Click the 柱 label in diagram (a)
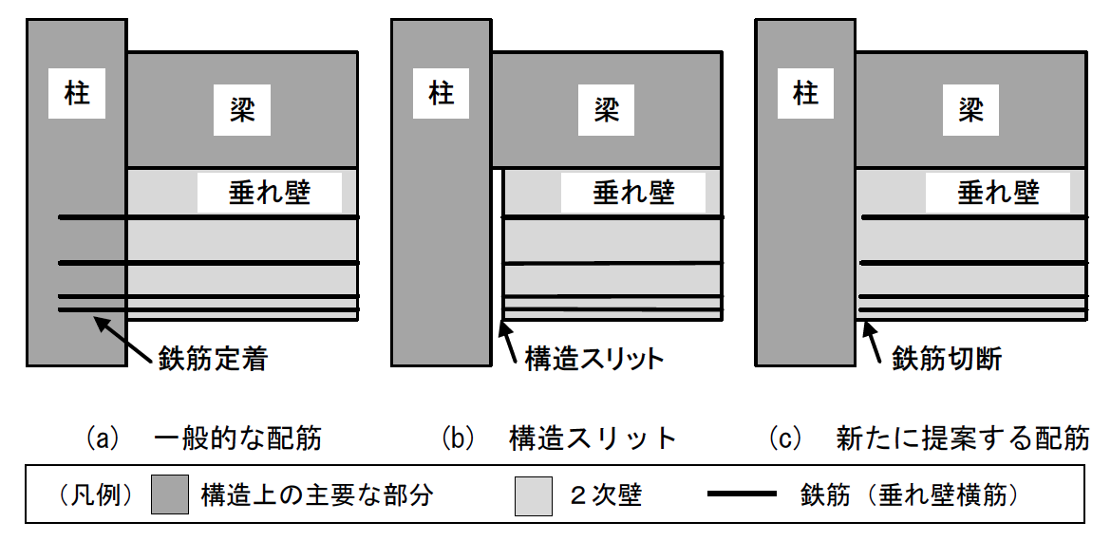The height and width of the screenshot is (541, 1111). (77, 95)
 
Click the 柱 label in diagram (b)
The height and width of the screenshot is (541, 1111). (441, 95)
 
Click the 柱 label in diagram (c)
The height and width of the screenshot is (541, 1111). (805, 95)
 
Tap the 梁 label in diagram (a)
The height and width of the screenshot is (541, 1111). (242, 110)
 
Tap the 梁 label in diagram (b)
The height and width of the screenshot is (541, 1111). (606, 110)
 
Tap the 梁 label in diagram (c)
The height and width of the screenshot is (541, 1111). (970, 110)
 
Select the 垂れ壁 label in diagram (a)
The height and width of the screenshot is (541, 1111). (270, 194)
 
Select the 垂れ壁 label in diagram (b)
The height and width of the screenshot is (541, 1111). (633, 194)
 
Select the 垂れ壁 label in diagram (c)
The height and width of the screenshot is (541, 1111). (998, 194)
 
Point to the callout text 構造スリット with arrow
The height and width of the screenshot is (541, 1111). (593, 360)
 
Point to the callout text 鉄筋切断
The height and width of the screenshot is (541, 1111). (947, 360)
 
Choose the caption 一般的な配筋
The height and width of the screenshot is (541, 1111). (237, 438)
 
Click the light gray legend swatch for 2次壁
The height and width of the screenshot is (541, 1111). (533, 494)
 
